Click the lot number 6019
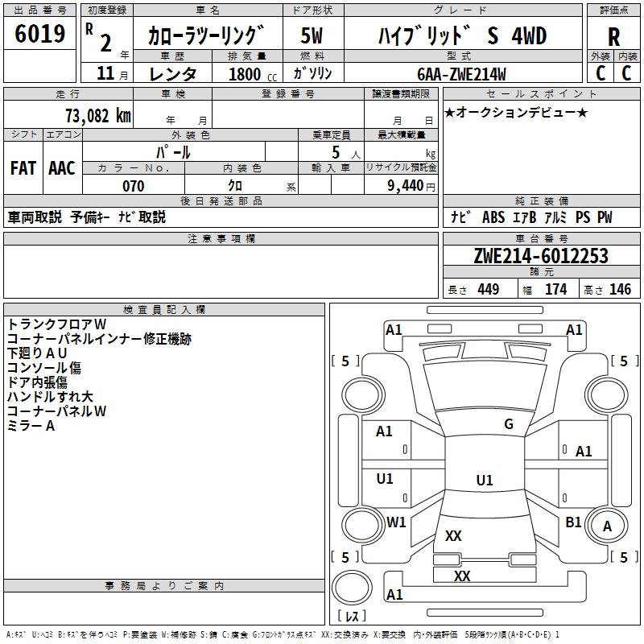point(39,34)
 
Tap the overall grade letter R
point(613,37)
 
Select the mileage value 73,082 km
point(98,116)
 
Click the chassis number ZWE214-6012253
point(541,256)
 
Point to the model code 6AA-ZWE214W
point(461,74)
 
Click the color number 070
point(134,186)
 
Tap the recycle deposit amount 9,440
point(406,186)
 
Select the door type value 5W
point(312,35)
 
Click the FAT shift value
point(23,168)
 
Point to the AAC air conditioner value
point(62,168)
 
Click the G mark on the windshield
point(509,424)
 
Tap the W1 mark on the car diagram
point(396,522)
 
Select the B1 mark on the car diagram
point(573,522)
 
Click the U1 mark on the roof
point(485,480)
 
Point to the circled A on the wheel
point(607,526)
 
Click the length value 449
point(488,289)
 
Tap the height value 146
point(620,289)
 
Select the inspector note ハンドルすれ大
point(50,397)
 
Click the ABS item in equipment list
point(493,217)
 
